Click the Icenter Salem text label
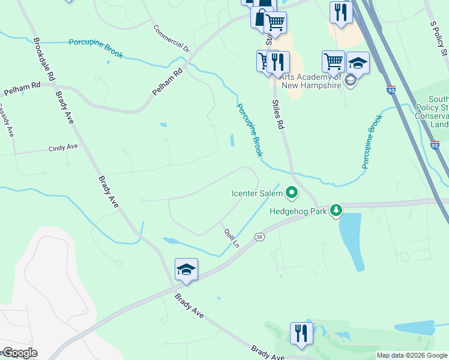(258, 193)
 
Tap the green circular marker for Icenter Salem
(292, 193)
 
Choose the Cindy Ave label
(64, 147)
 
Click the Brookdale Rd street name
(45, 60)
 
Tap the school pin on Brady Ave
(186, 269)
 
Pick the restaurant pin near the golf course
(301, 333)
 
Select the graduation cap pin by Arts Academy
(358, 62)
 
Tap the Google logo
(19, 353)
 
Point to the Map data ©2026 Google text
(412, 356)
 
